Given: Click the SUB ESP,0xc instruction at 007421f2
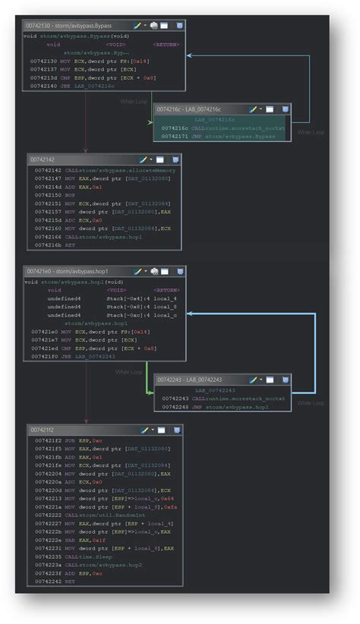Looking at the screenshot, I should click(x=68, y=440).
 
